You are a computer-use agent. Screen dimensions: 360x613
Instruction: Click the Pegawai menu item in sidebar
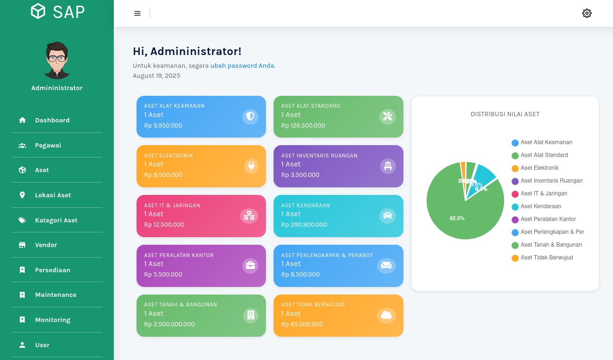click(48, 146)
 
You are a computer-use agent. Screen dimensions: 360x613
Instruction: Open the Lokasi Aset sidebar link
click(53, 195)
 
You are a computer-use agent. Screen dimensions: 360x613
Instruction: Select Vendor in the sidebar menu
click(46, 245)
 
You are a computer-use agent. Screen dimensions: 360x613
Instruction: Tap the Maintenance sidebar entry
click(55, 295)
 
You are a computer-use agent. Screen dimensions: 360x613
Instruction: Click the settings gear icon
click(586, 13)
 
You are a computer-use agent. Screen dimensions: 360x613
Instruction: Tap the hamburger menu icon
click(137, 13)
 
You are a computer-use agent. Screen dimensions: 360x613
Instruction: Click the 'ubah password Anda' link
click(242, 66)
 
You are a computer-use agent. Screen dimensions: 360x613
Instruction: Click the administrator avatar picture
click(57, 60)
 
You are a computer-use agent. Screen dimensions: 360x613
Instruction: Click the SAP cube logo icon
click(38, 11)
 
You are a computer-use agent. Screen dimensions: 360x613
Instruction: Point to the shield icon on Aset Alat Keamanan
click(250, 117)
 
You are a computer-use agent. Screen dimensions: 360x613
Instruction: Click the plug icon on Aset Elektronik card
click(250, 166)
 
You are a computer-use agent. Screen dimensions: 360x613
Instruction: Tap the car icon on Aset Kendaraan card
click(387, 216)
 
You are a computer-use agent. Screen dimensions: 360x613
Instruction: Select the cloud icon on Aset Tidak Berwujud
click(386, 315)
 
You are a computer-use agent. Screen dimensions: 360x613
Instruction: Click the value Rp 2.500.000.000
click(169, 324)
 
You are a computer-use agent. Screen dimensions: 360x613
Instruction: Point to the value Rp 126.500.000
click(303, 126)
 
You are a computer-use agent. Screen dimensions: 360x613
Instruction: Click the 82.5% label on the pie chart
click(457, 218)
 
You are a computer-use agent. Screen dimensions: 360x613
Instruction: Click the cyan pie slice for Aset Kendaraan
click(484, 175)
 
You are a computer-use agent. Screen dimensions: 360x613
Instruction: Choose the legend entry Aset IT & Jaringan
click(543, 194)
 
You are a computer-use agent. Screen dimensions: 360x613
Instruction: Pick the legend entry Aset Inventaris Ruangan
click(551, 181)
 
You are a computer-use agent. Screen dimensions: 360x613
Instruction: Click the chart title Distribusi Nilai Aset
click(505, 114)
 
